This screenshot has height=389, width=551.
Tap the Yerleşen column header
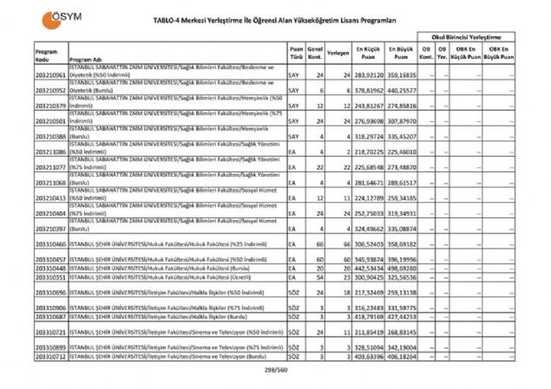pos(338,52)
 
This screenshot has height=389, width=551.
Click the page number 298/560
pos(275,369)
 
